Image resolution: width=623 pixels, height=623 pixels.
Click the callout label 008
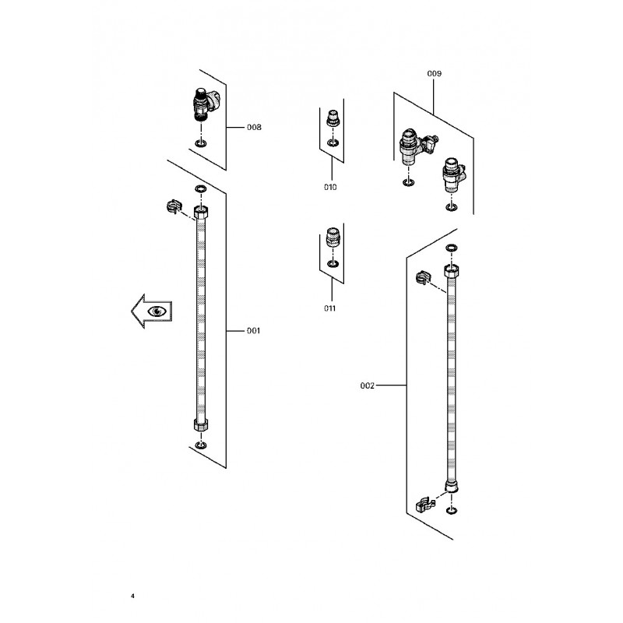tap(254, 127)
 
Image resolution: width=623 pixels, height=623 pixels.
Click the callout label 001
tap(254, 330)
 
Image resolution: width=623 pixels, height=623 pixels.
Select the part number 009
tap(435, 73)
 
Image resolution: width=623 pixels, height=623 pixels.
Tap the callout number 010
tap(330, 187)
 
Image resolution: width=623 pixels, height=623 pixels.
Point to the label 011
tap(329, 308)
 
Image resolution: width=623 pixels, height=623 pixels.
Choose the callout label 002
tap(367, 385)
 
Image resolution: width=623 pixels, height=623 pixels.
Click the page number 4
tap(132, 596)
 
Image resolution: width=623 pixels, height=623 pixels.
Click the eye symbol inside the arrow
tap(157, 311)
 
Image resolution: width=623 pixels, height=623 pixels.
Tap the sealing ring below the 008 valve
tap(201, 143)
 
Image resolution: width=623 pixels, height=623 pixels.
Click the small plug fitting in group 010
tap(333, 118)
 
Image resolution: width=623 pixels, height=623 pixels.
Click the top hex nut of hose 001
tap(201, 212)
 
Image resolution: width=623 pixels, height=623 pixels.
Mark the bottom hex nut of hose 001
tap(201, 424)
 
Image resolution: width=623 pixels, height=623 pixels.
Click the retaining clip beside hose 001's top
tap(174, 206)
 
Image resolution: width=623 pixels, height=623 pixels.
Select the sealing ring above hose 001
tap(201, 188)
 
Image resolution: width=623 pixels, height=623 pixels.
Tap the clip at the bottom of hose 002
tap(424, 504)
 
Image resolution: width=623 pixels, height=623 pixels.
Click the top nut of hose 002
tap(452, 271)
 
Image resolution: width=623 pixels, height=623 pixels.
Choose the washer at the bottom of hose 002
tap(451, 510)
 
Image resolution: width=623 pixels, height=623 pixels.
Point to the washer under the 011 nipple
tap(333, 263)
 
